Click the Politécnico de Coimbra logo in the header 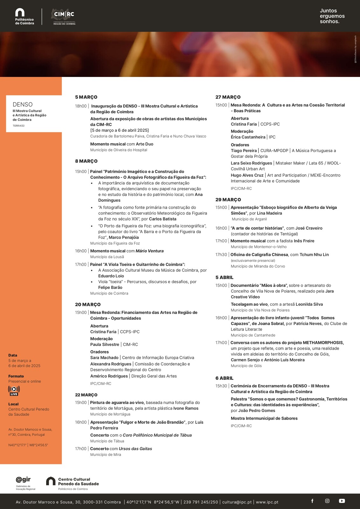(24, 17)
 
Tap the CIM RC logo (64, 17)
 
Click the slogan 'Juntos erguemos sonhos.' (332, 16)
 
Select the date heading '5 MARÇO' (86, 97)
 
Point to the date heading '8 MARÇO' (86, 161)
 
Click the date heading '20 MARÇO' (88, 304)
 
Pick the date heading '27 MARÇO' (228, 97)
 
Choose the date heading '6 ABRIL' (224, 378)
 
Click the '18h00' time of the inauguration (81, 106)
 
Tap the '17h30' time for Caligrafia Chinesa (221, 255)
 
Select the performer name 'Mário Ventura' (150, 251)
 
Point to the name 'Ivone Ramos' (186, 408)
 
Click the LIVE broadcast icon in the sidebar (14, 391)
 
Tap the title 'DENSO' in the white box (23, 104)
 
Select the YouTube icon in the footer (342, 501)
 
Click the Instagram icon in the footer (327, 501)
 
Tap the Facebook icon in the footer (312, 501)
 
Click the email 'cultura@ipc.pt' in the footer (237, 502)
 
